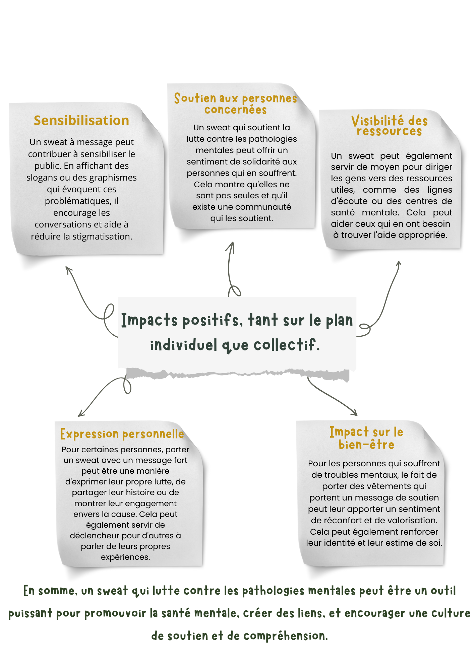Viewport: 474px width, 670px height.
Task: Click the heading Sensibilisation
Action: coord(81,121)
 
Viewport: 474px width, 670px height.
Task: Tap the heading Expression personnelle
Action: coord(122,434)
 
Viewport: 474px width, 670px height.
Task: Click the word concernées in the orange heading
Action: coord(236,110)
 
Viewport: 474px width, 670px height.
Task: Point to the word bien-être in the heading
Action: coord(366,445)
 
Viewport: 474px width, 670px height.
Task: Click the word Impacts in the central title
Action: coord(149,320)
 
